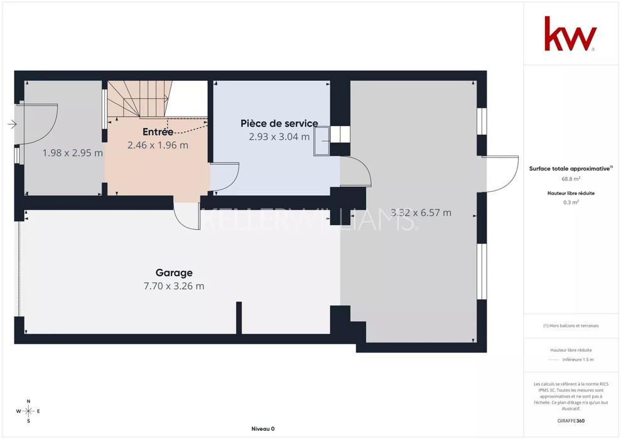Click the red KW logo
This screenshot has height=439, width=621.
[570, 34]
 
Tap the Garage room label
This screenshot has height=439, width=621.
[174, 273]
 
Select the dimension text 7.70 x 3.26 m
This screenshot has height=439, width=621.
[174, 286]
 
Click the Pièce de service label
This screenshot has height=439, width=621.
[279, 124]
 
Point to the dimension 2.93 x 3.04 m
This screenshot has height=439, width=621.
[279, 137]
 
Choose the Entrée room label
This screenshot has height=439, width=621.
[158, 132]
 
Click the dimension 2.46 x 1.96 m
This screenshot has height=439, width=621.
[158, 145]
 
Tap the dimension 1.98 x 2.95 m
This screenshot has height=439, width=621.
[72, 152]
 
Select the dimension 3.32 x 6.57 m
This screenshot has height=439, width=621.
[421, 213]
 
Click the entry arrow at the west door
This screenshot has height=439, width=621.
[12, 124]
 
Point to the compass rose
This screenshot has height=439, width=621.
[28, 411]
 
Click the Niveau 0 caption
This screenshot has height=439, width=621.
[263, 429]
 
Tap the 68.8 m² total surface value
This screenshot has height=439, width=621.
[571, 179]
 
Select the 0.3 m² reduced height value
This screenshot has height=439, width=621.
[571, 202]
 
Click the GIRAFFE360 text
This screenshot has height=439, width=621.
[571, 421]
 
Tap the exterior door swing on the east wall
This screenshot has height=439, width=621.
[500, 174]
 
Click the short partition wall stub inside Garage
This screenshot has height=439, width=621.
[239, 317]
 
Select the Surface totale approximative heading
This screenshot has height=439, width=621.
[571, 169]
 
